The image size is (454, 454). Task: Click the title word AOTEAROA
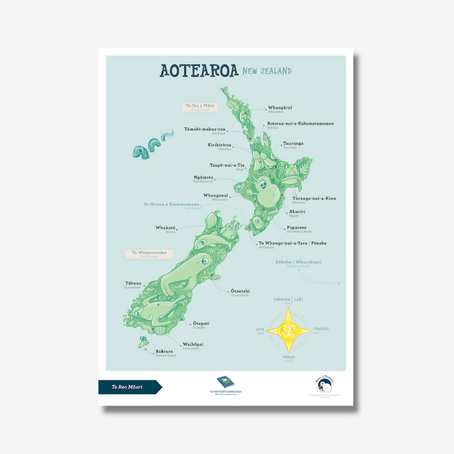(x=198, y=71)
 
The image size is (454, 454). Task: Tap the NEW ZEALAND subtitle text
(x=266, y=71)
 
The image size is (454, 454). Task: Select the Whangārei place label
(x=280, y=108)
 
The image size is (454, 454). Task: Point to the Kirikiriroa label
(x=219, y=145)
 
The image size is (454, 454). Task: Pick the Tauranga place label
(x=293, y=144)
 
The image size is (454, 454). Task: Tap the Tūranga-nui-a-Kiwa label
(x=314, y=199)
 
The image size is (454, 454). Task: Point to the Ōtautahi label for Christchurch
(x=240, y=291)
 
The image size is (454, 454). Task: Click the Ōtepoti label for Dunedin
(x=201, y=324)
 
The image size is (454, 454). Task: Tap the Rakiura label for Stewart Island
(x=165, y=351)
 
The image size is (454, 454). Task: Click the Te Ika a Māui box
(x=200, y=107)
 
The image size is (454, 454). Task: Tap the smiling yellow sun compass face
(x=288, y=329)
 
